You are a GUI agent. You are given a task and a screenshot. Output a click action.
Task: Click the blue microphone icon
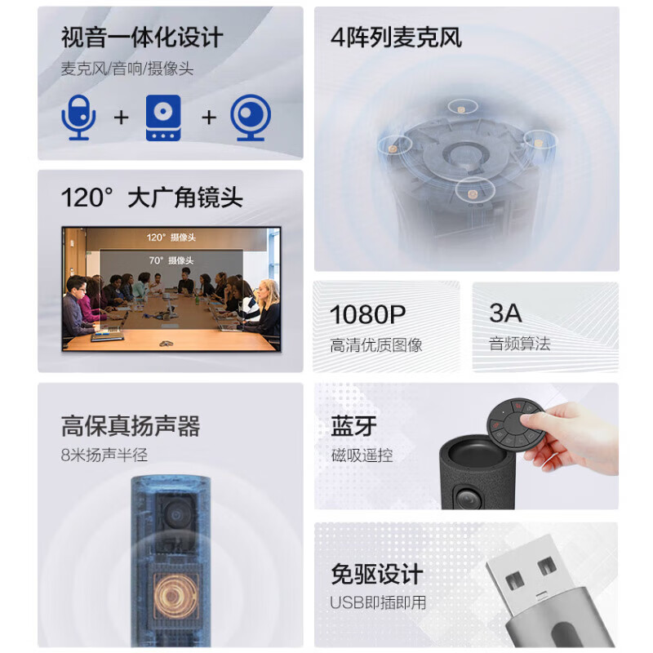point(78,118)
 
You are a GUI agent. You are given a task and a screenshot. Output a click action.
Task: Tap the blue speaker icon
point(163,118)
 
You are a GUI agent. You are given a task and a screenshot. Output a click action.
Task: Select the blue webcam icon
point(251,118)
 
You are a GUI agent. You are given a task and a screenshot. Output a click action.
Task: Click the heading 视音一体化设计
point(142,38)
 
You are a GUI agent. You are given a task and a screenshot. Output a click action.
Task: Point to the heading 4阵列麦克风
point(396,38)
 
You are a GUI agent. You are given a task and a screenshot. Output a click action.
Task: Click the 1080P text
point(367,314)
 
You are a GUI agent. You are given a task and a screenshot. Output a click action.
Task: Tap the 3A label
point(505,313)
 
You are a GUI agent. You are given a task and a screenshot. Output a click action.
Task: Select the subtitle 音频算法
point(520,344)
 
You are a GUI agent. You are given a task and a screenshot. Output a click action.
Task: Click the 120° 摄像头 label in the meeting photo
point(171,238)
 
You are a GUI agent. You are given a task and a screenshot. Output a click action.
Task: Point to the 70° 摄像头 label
point(171,260)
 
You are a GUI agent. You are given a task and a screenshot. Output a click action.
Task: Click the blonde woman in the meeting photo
point(266,309)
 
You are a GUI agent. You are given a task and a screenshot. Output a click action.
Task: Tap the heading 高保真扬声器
point(131,426)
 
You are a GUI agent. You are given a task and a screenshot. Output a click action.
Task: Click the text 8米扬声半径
point(104,455)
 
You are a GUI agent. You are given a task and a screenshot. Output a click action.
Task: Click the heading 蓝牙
point(354,426)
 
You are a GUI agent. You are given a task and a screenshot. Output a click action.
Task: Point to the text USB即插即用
point(378,602)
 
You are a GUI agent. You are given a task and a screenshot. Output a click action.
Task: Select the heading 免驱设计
point(377,575)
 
